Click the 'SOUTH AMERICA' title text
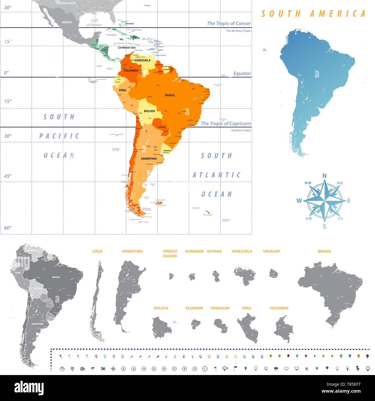coord(313,14)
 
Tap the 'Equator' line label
coord(242,74)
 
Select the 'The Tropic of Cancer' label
coord(229,23)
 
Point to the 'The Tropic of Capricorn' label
coord(226,123)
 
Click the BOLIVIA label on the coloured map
coord(149,111)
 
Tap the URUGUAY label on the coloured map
coord(167,151)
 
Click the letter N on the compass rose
coord(324,176)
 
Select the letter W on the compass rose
coord(299,201)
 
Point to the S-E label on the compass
coord(340,219)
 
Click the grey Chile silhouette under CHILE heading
coord(98,300)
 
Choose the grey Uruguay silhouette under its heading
coord(273,273)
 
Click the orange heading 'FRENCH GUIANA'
coord(170,253)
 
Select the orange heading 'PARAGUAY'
coord(220,308)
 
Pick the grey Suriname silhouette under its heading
coord(192,277)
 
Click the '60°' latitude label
coord(8,228)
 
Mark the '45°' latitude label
coord(8,176)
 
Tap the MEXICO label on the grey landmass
coord(67,22)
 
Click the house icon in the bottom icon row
coord(62,369)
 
